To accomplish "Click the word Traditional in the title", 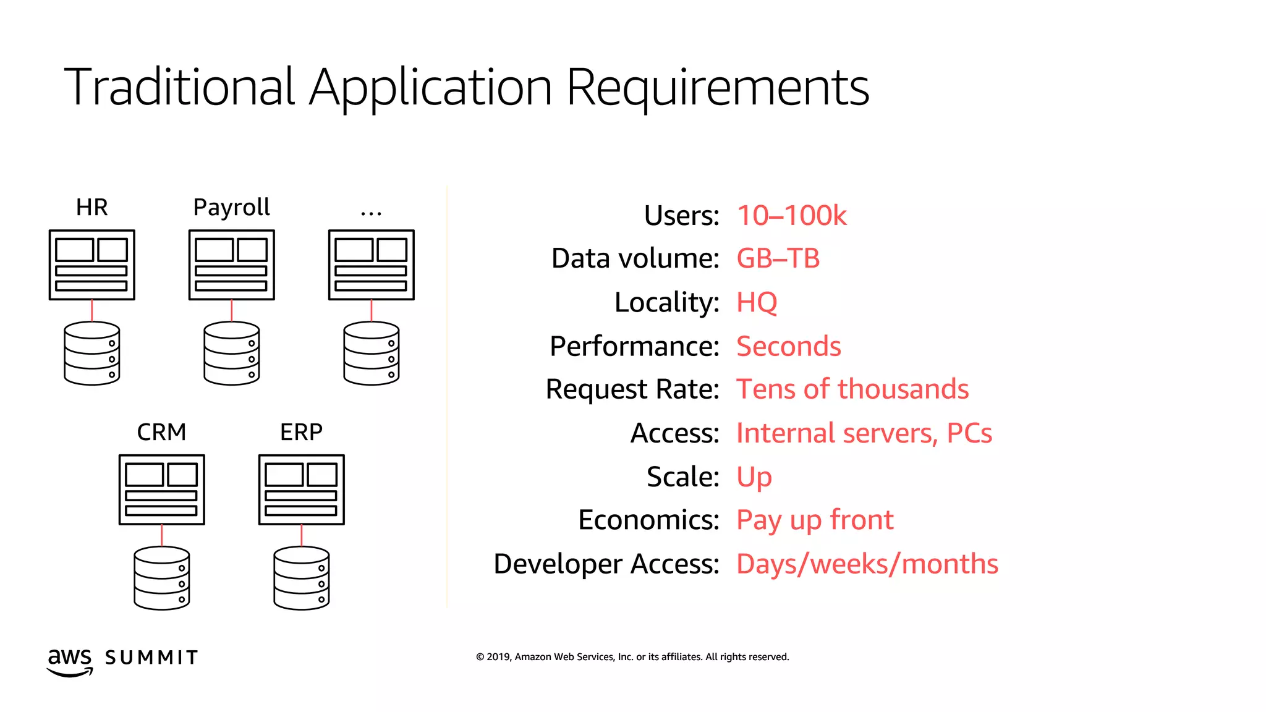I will coord(179,88).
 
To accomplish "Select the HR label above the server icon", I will coord(91,208).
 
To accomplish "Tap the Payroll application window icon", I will coord(231,265).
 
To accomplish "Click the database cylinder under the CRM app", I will coord(161,578).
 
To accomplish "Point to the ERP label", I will coord(301,432).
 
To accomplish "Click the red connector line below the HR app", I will coord(92,310).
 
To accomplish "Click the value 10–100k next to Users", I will coord(791,216).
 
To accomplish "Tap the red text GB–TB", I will coord(778,258).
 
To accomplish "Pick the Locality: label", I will coord(666,302).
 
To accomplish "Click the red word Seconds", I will coord(788,346).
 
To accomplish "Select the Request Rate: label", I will coord(632,389).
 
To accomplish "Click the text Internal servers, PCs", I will coord(864,433).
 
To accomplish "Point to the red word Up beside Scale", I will coord(754,477).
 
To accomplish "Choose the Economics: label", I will coord(648,520).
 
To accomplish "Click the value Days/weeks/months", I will coord(867,564).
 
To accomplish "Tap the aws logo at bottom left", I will coord(70,661).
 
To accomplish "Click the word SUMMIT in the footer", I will coord(151,658).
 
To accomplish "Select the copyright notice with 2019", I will coord(632,657).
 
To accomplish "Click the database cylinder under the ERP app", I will coord(301,578).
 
